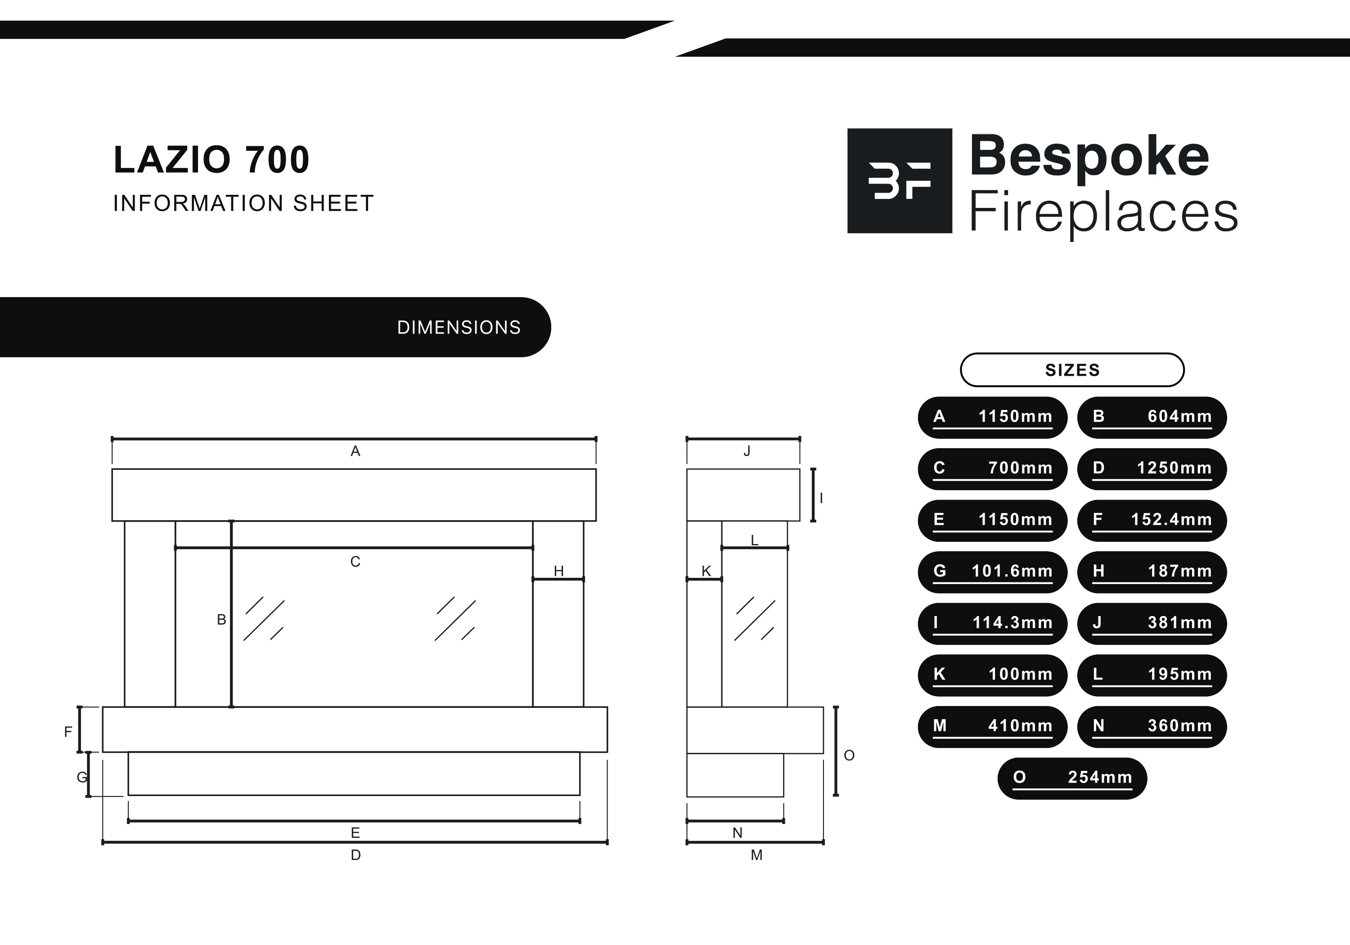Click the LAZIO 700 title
click(211, 159)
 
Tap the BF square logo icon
click(900, 180)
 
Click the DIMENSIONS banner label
click(459, 328)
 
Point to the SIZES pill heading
click(1072, 370)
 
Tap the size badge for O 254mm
click(1072, 778)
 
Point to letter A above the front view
click(355, 451)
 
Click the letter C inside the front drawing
click(355, 562)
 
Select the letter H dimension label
click(558, 571)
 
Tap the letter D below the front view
click(355, 855)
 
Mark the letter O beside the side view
click(849, 755)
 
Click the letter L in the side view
click(754, 540)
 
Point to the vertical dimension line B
click(231, 614)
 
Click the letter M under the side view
click(757, 855)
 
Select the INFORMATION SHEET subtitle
click(243, 203)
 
